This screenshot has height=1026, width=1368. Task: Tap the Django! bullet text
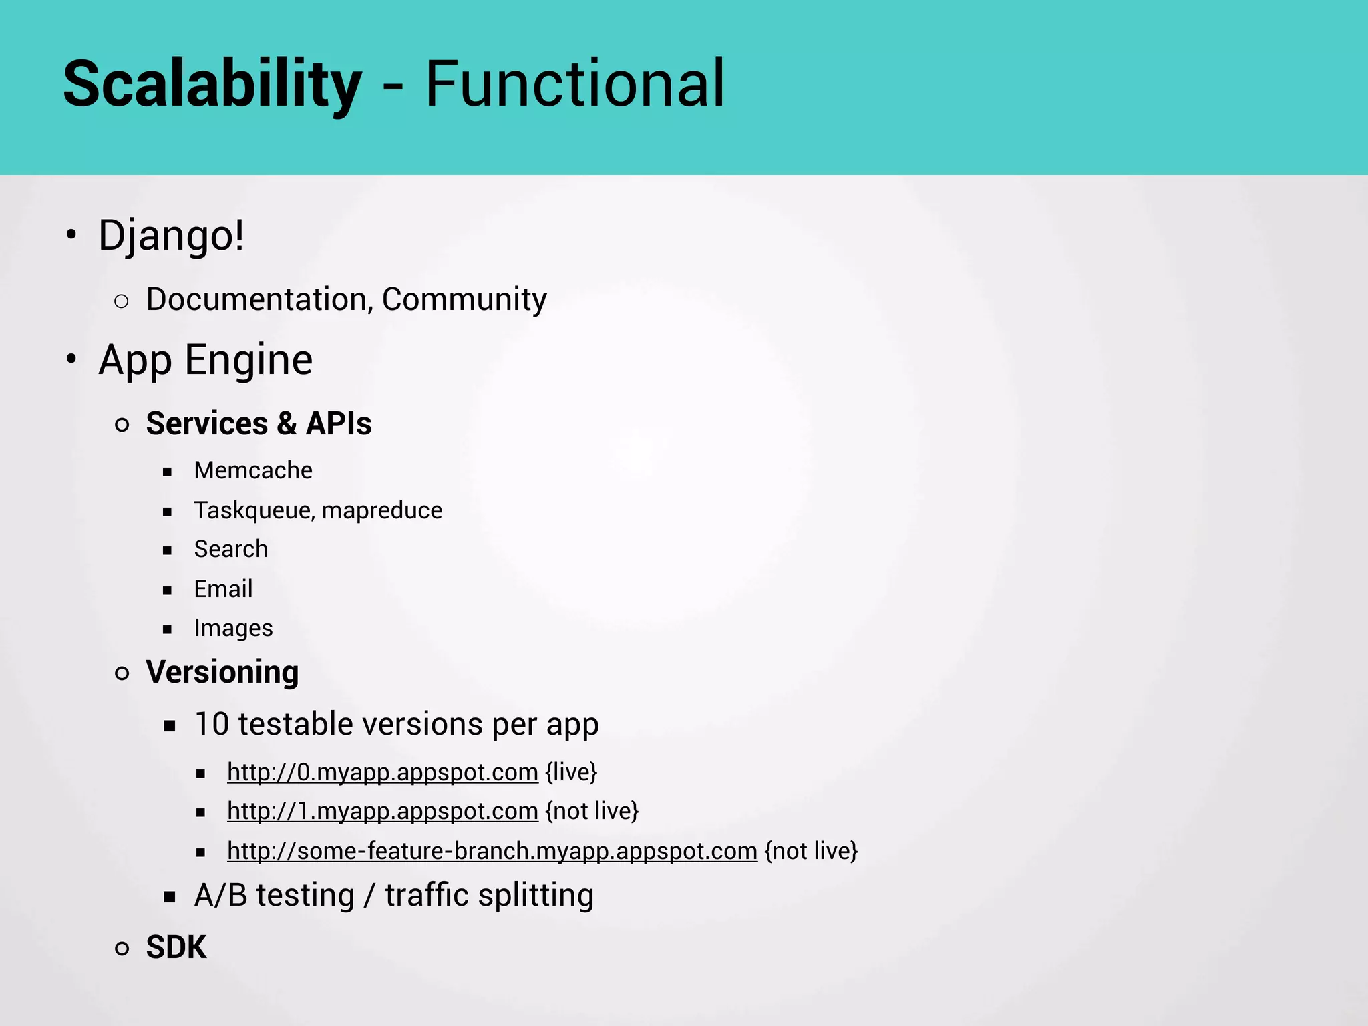171,236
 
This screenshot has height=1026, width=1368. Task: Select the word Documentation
256,299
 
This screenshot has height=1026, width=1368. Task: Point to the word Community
464,299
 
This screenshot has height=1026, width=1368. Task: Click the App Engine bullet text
205,360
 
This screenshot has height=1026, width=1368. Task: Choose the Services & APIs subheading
259,423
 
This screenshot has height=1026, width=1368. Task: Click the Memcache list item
253,470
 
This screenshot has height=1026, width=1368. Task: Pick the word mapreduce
382,510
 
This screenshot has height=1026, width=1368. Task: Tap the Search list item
231,549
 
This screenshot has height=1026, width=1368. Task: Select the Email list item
223,589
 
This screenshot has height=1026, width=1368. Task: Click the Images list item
233,628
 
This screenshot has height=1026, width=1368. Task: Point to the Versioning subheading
222,672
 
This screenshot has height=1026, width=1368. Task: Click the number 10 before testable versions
212,724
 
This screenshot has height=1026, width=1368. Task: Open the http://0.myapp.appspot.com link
382,772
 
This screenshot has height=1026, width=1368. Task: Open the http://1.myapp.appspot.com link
382,811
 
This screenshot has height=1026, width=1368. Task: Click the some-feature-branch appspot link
492,851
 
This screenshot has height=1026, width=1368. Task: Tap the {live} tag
571,772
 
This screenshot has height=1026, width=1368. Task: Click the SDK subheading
176,947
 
